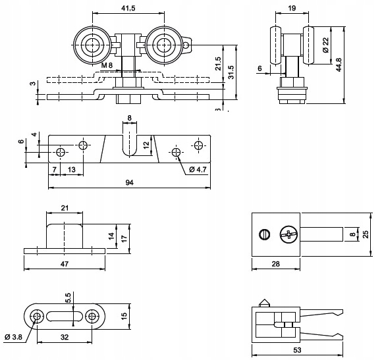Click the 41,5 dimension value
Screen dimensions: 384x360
tap(128, 8)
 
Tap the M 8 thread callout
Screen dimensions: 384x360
tap(107, 65)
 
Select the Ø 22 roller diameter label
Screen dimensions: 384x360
tap(325, 45)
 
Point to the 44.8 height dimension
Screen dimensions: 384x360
tap(339, 64)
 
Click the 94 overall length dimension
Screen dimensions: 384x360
tap(130, 182)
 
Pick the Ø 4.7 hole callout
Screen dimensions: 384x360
tap(198, 169)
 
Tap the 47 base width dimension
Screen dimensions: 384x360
tap(65, 264)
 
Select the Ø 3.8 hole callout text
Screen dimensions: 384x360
tap(13, 337)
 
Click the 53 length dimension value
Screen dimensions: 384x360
tap(297, 350)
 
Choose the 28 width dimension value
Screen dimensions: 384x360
tap(276, 264)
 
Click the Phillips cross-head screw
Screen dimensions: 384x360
tap(289, 235)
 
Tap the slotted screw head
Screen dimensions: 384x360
tap(265, 235)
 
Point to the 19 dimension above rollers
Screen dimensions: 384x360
tap(292, 8)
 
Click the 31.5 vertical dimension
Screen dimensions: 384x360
tap(231, 72)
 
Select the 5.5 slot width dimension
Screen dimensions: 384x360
tap(68, 298)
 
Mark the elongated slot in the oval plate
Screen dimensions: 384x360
tap(65, 316)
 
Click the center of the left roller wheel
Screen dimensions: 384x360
tap(93, 45)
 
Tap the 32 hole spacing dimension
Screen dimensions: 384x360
tap(65, 337)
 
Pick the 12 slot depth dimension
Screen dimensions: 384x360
tap(146, 145)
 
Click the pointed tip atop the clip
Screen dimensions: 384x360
tap(265, 299)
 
